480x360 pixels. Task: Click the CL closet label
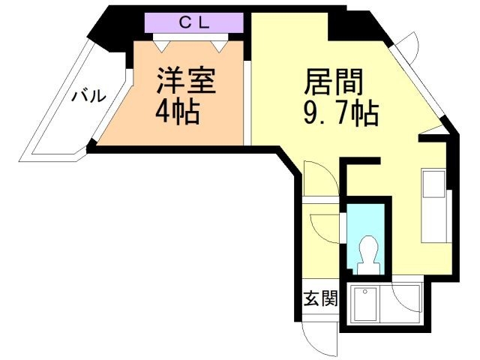193,22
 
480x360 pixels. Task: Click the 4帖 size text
177,112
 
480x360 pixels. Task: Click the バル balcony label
88,97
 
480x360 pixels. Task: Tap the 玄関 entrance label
320,299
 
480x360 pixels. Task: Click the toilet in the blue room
367,251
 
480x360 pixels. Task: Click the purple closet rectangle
193,22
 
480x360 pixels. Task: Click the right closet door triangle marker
219,45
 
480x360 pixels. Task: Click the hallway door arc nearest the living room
319,180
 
